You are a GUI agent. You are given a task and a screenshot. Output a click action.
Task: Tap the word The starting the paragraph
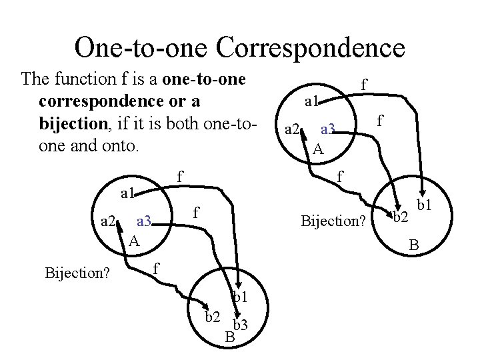pyautogui.click(x=35, y=79)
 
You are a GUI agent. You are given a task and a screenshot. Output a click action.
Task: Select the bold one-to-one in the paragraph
pyautogui.click(x=208, y=79)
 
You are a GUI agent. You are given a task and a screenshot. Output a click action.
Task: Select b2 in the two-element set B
pyautogui.click(x=400, y=217)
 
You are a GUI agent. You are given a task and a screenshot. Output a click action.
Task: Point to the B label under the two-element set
pyautogui.click(x=414, y=247)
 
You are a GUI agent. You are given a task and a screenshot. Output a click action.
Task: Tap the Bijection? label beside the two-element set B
pyautogui.click(x=333, y=219)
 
